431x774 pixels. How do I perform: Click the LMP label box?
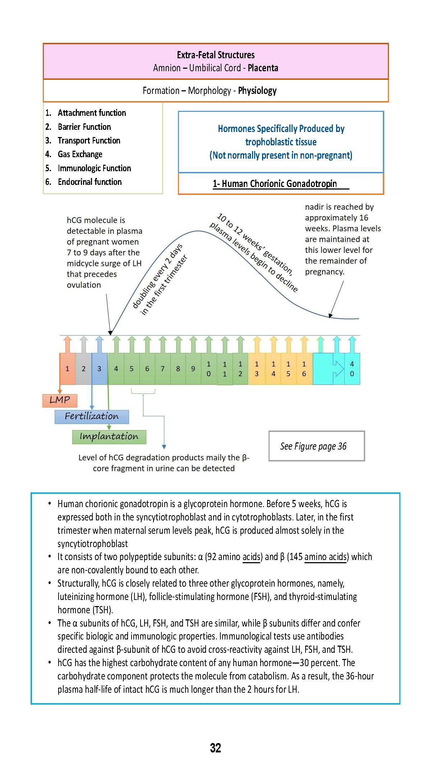(60, 400)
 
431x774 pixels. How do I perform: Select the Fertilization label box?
(92, 416)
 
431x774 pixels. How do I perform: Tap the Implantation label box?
(109, 437)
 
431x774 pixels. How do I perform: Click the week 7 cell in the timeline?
(162, 369)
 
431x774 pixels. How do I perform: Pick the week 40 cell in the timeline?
(352, 369)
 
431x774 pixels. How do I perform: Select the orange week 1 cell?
(67, 369)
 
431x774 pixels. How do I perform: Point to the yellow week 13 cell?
(257, 369)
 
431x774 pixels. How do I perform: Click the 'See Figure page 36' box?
(316, 446)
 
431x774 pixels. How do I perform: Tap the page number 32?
(215, 748)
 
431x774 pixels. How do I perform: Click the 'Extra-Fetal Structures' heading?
(216, 55)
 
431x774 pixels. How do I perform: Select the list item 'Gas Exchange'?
(80, 154)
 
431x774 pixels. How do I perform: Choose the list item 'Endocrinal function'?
(90, 182)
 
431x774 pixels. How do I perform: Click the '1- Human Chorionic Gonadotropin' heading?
(275, 184)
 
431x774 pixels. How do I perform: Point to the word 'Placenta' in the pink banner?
(263, 68)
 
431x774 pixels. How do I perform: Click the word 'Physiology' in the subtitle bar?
(257, 91)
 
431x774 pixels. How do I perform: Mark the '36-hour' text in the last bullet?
(359, 676)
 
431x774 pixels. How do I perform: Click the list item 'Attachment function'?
(92, 113)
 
